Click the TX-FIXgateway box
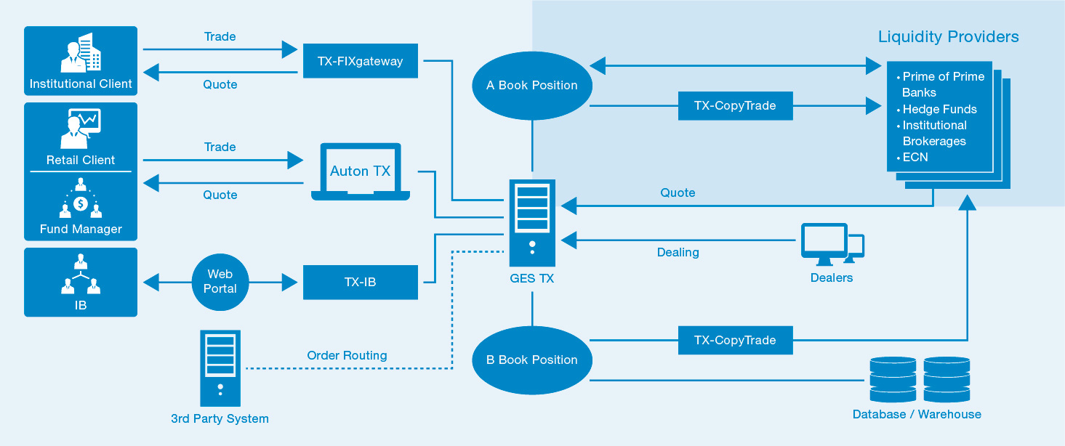(361, 61)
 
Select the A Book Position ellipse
(532, 86)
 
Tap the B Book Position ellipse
(532, 360)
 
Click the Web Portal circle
(220, 282)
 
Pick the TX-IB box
(361, 282)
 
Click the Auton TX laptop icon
(361, 171)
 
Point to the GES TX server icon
(532, 223)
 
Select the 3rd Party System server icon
(220, 368)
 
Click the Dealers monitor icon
(832, 244)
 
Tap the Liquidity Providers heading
(948, 36)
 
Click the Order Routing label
(347, 355)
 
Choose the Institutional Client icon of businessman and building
(81, 52)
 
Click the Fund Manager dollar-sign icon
(81, 198)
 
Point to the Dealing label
(678, 252)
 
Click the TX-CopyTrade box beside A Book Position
(736, 105)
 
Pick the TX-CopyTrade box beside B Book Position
(736, 340)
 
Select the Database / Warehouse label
(917, 414)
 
